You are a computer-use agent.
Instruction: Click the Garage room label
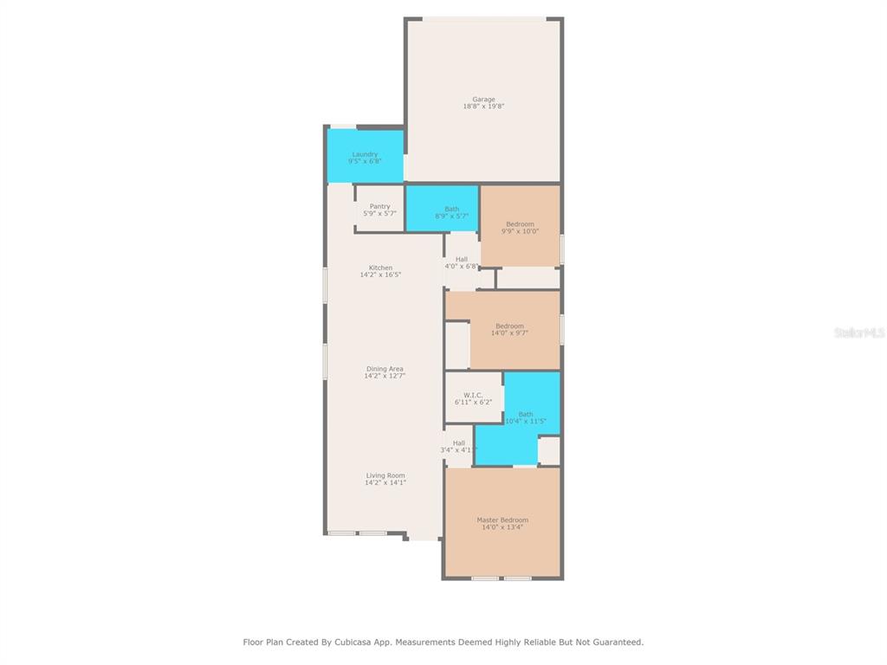tap(483, 100)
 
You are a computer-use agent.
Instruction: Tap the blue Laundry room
tap(366, 157)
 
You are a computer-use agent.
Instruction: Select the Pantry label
tap(380, 207)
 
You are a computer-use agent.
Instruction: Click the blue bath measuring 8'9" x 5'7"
tap(443, 208)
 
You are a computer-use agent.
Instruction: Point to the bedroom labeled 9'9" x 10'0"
tap(521, 226)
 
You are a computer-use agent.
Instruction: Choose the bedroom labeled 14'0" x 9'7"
tap(509, 330)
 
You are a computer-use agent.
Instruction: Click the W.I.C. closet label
tap(473, 395)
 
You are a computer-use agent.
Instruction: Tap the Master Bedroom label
tap(502, 520)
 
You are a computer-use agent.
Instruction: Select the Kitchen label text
tap(381, 268)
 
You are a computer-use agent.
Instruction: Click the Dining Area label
tap(385, 369)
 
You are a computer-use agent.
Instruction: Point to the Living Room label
tap(385, 476)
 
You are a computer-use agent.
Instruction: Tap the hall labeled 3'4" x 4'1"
tap(459, 447)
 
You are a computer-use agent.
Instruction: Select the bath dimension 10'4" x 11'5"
tap(526, 422)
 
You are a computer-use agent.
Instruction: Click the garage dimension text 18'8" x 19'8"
tap(483, 107)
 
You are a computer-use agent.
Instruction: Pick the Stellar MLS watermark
tap(859, 332)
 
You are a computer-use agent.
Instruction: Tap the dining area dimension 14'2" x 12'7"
tap(385, 376)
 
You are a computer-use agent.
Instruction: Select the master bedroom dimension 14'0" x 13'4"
tap(502, 527)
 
